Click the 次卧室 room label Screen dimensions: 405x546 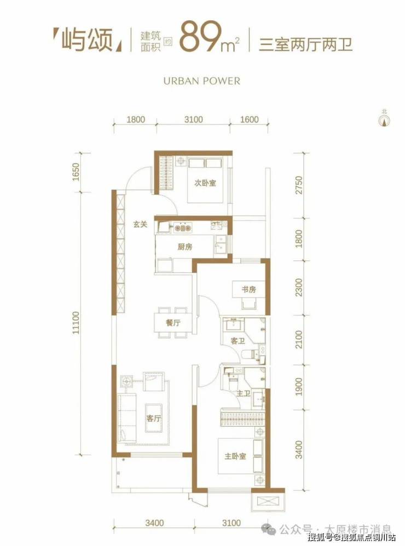coord(205,183)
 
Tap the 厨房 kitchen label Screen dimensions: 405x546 coord(185,247)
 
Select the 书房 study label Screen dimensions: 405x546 coord(248,289)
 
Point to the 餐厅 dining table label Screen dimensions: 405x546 coord(173,323)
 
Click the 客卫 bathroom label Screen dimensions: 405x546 coord(238,341)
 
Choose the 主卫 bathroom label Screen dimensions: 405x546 coord(244,393)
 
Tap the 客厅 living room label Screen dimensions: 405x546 coord(154,418)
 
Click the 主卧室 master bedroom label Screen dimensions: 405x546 coord(235,456)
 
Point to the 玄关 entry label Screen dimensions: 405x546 coord(140,224)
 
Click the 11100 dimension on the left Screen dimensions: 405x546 coord(76,323)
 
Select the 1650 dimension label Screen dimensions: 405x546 coord(76,172)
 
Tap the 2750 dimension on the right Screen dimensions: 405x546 coord(299,185)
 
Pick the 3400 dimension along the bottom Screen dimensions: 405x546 coord(155,522)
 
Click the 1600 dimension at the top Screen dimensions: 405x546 coord(250,119)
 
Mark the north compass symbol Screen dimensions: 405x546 coord(384,119)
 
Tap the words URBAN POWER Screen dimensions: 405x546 coord(201,81)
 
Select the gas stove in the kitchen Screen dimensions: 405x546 coord(183,228)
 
